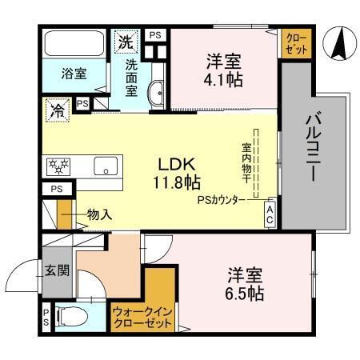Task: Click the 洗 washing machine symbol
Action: click(126, 41)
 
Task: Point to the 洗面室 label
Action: click(132, 74)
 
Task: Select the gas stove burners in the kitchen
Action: click(59, 166)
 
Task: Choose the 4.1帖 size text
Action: click(223, 80)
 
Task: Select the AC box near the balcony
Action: click(270, 214)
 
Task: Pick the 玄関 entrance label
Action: click(57, 270)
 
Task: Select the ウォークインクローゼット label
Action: click(142, 318)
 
